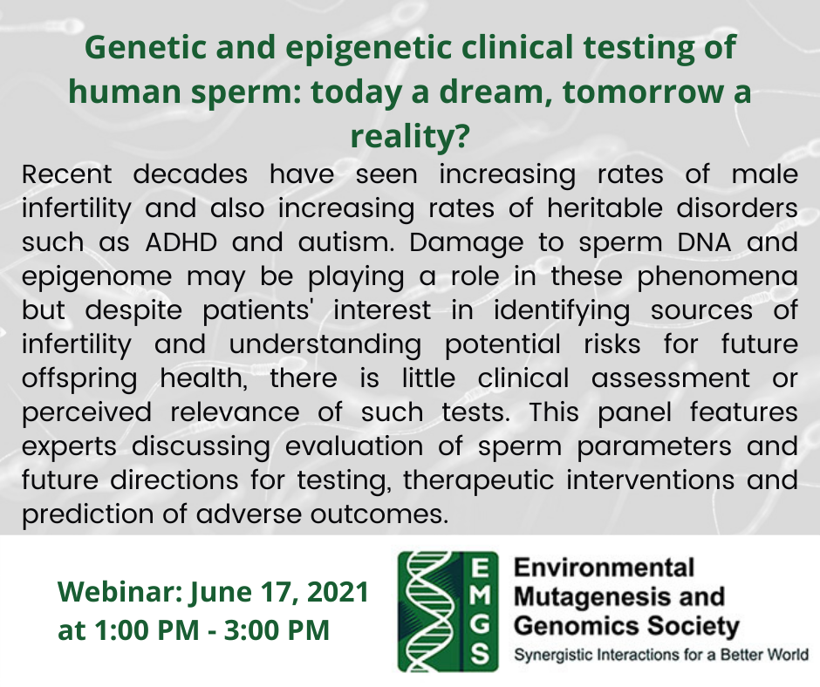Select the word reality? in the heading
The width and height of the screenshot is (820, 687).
coord(409,135)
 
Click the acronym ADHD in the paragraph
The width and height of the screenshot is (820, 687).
coord(181,242)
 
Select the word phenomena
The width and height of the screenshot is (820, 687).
coord(717,277)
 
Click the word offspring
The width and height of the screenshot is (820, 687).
coord(79,379)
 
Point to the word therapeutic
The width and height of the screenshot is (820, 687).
coord(478,480)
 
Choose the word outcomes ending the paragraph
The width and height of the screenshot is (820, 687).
coord(379,514)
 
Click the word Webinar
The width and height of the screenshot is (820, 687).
coord(119,591)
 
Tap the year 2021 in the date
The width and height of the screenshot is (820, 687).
coord(338,591)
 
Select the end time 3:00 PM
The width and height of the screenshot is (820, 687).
coord(277,629)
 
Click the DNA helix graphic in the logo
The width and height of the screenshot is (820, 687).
coord(429,612)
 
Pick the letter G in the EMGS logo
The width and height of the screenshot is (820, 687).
coord(480,625)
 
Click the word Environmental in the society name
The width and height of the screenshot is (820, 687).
coord(604,568)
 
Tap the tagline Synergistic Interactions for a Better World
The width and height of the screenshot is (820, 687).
coord(661,655)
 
